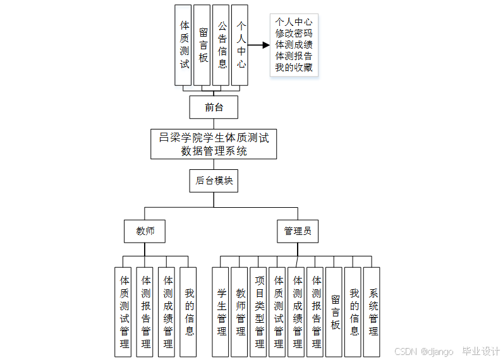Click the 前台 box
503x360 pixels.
(x=214, y=107)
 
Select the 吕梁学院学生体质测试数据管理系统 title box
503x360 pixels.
(x=214, y=145)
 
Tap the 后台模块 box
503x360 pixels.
(x=214, y=181)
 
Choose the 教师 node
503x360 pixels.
(x=145, y=231)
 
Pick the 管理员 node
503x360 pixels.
(x=297, y=231)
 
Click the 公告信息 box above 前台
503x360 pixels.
(x=221, y=45)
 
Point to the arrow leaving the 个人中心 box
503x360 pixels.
(x=259, y=45)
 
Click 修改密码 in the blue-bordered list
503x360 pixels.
(x=294, y=33)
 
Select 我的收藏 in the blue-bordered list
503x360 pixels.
(x=294, y=68)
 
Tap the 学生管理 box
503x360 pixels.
(x=221, y=311)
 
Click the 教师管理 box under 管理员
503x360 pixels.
(x=240, y=311)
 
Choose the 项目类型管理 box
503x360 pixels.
(x=259, y=311)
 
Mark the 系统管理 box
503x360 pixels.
(x=373, y=311)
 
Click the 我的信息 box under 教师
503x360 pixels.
(x=189, y=311)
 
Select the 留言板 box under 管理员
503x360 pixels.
(x=335, y=311)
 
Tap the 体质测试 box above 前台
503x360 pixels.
(x=184, y=45)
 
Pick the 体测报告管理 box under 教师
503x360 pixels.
(x=145, y=311)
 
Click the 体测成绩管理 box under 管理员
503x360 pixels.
(x=297, y=311)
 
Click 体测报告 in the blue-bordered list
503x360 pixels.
(x=294, y=56)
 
